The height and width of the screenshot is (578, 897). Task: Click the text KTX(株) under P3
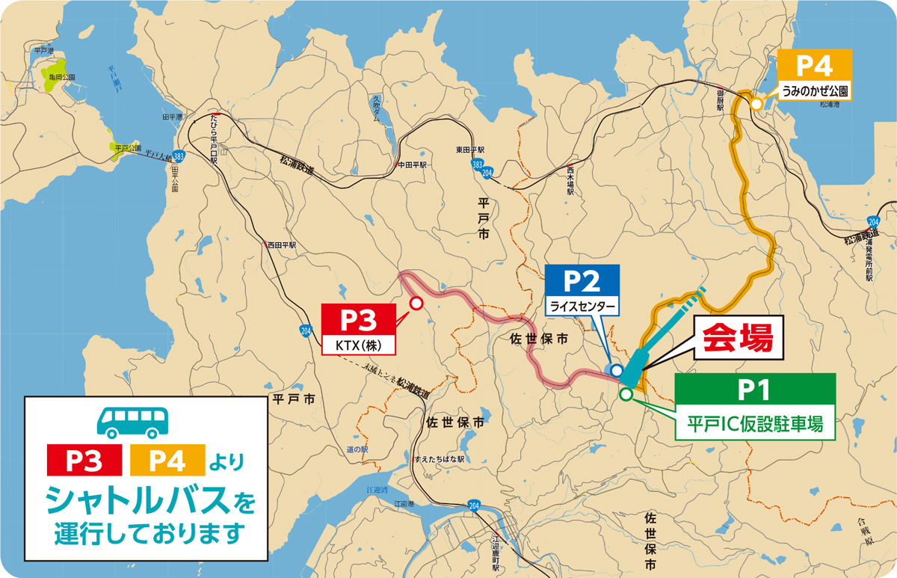pyautogui.click(x=357, y=346)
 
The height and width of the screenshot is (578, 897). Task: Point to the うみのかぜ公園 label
pyautogui.click(x=814, y=91)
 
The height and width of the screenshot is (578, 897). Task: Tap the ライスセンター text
pyautogui.click(x=583, y=307)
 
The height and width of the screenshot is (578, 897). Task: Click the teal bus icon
pyautogui.click(x=132, y=422)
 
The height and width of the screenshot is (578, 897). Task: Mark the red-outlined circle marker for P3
pyautogui.click(x=417, y=303)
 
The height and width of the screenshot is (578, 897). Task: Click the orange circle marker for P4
pyautogui.click(x=756, y=104)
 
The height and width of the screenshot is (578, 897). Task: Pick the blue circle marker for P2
pyautogui.click(x=616, y=370)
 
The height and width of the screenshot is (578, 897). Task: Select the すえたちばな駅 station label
pyautogui.click(x=439, y=458)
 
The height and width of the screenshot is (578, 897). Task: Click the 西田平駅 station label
pyautogui.click(x=282, y=245)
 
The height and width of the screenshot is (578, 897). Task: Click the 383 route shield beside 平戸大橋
pyautogui.click(x=178, y=157)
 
